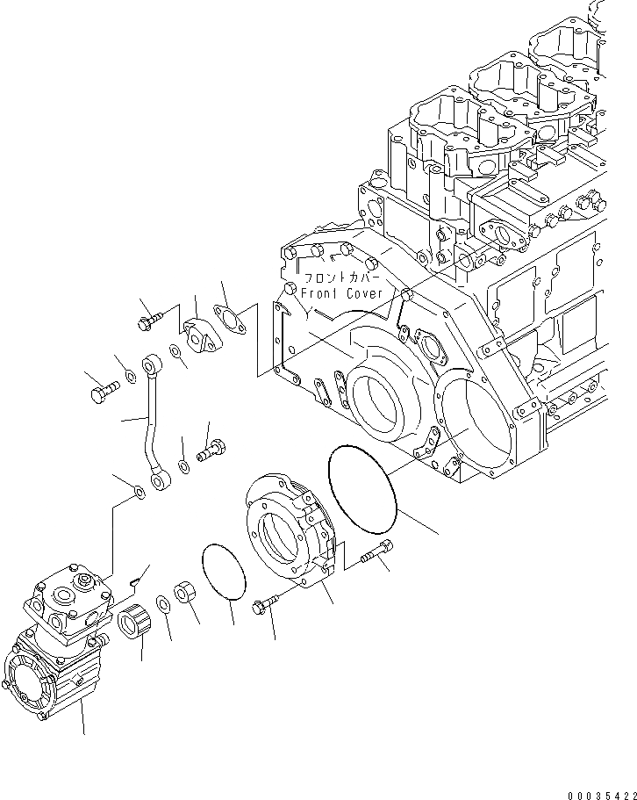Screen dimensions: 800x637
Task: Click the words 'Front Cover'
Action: click(341, 293)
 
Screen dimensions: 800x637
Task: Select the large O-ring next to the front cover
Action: click(364, 487)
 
